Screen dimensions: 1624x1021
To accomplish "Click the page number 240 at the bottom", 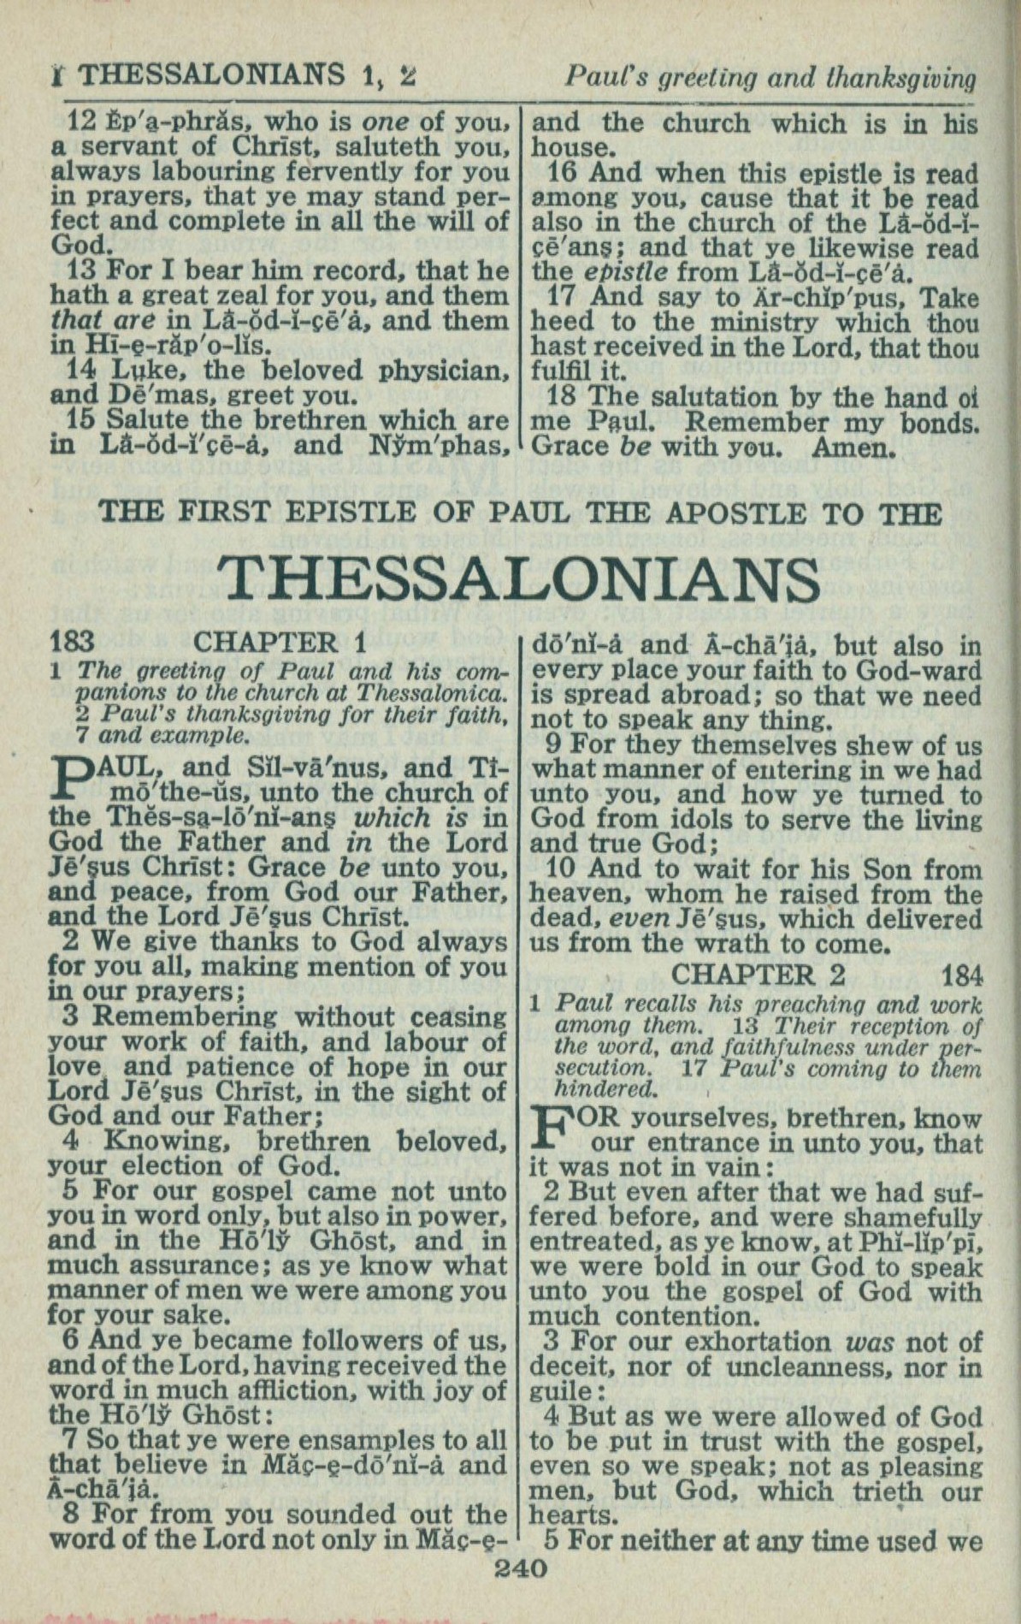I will click(521, 1568).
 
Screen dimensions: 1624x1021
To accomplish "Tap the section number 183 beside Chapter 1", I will click(73, 642).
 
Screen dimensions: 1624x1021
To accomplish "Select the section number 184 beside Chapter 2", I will click(962, 975).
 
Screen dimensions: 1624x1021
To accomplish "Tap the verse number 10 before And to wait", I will click(561, 870).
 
